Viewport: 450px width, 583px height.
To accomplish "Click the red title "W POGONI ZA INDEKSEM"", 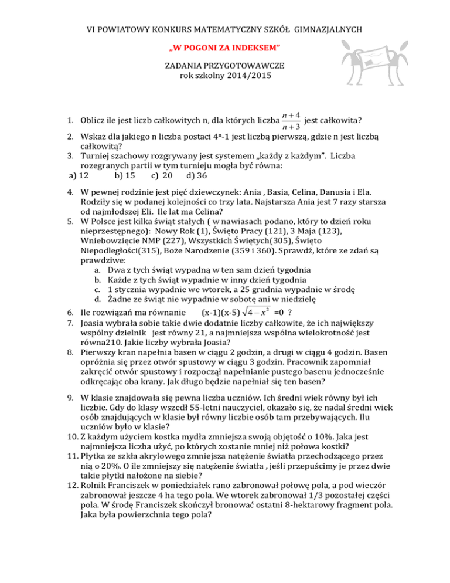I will click(225, 46).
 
